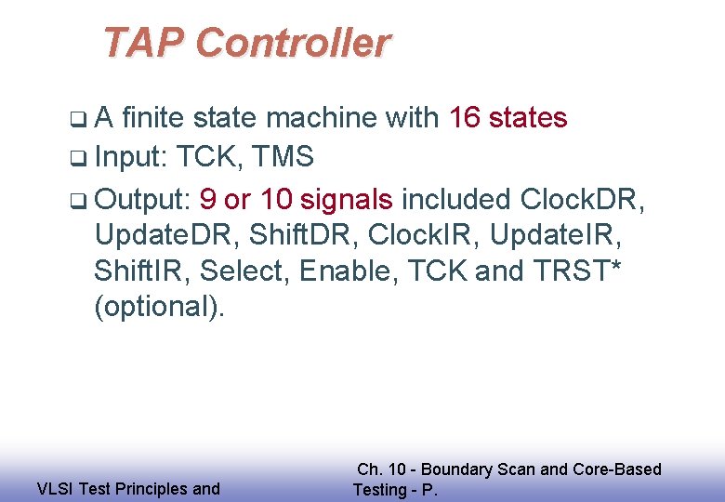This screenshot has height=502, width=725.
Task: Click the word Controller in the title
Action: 294,43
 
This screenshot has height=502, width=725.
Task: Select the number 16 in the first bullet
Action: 465,118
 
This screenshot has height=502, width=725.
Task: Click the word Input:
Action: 130,157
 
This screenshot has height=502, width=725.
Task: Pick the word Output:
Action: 143,199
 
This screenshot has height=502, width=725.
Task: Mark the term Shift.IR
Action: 140,271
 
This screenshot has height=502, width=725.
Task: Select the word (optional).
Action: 159,308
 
